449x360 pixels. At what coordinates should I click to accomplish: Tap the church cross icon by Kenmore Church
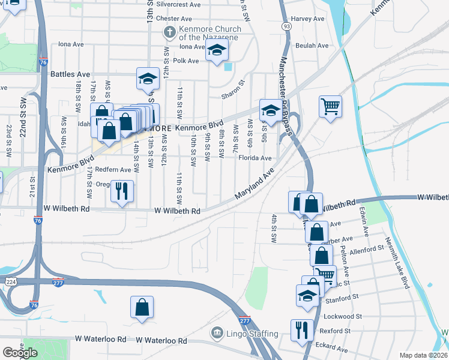point(170,32)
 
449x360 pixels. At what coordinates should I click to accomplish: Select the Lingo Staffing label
point(252,334)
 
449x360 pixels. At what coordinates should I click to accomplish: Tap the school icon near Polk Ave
point(217,50)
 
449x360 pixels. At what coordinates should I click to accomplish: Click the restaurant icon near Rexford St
point(301,329)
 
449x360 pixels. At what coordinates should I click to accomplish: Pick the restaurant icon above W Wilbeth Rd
point(122,191)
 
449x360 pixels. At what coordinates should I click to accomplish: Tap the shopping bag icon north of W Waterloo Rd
point(142,307)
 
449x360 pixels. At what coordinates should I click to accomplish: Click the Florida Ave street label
point(255,158)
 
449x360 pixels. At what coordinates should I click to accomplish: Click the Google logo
point(20,353)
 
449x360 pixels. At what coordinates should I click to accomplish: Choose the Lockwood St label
point(343,316)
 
